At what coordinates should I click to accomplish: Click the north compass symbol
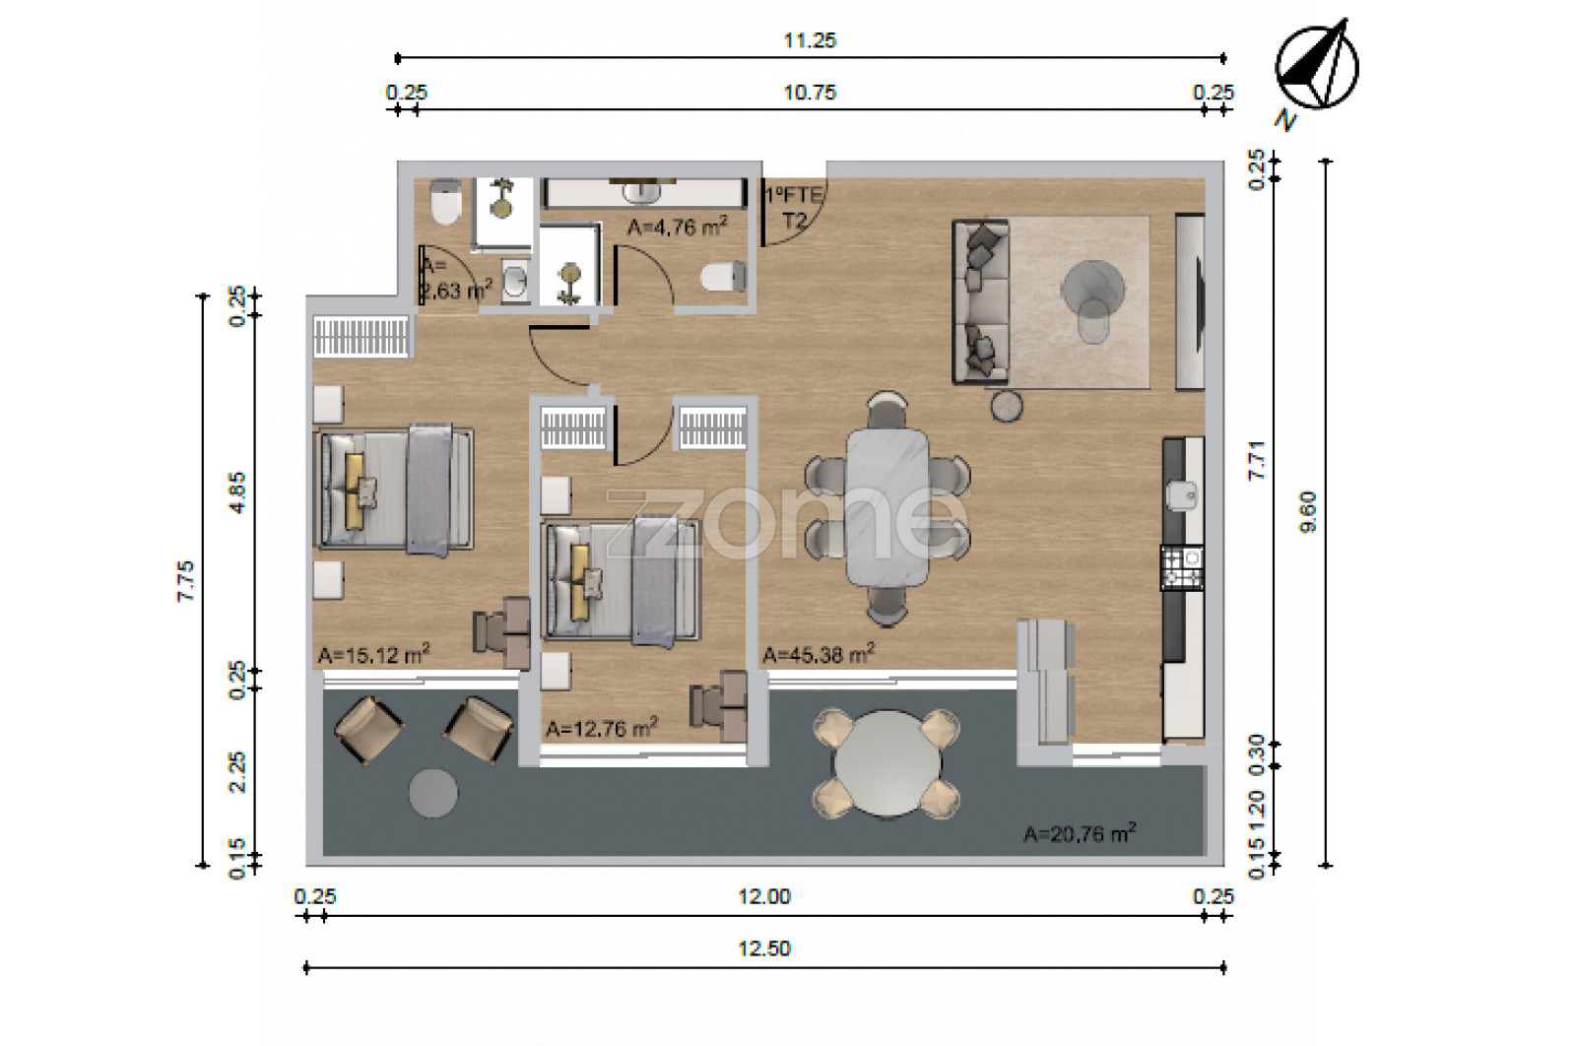[x=1316, y=67]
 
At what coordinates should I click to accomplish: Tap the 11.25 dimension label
[x=810, y=40]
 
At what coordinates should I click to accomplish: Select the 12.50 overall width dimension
[x=764, y=948]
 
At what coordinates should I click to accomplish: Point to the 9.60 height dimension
[x=1308, y=512]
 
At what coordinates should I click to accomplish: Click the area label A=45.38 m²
[x=819, y=654]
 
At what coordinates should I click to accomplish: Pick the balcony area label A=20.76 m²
[x=1080, y=833]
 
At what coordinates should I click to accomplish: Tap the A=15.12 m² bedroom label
[x=373, y=654]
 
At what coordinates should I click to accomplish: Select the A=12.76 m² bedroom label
[x=602, y=728]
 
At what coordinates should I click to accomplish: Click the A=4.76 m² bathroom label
[x=678, y=227]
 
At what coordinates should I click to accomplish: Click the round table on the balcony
[x=887, y=763]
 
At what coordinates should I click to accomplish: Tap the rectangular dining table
[x=887, y=507]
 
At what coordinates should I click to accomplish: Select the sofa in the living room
[x=981, y=301]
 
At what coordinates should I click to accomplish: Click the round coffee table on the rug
[x=1092, y=289]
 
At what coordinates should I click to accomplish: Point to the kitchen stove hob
[x=1182, y=568]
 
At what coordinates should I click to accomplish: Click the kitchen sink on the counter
[x=1183, y=495]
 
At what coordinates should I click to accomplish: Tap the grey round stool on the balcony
[x=433, y=793]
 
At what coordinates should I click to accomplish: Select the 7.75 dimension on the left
[x=185, y=581]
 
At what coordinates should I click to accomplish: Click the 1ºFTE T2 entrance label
[x=794, y=208]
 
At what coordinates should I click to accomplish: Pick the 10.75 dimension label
[x=810, y=93]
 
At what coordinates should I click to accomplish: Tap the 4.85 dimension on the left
[x=237, y=492]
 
